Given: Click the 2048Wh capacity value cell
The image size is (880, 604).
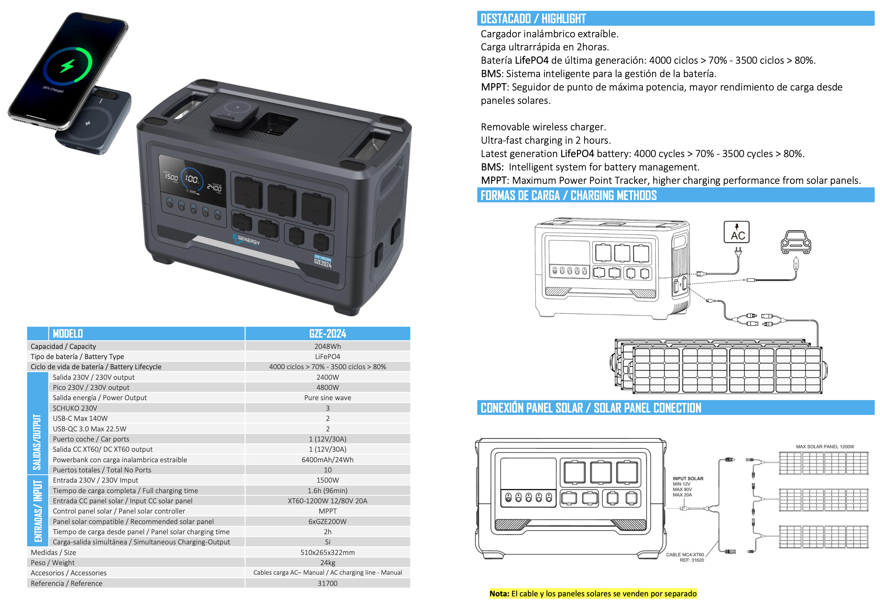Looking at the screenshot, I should pos(328,346).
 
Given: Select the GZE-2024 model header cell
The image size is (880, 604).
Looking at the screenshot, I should pos(328,334).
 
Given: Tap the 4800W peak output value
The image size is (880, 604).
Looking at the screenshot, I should pos(328,387).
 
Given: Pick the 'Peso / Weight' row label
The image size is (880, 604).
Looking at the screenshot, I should pos(53,563).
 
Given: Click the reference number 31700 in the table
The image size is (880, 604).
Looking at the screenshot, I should pos(328,583).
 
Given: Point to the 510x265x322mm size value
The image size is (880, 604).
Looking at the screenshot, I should pos(328,552).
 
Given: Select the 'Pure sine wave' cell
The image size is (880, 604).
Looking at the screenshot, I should pos(328,398).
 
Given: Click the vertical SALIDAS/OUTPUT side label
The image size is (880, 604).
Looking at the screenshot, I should pos(37,442).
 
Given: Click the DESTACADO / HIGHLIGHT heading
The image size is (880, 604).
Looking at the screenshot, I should pos(533,18).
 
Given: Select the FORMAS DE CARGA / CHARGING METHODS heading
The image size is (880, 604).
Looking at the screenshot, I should pos(568,195).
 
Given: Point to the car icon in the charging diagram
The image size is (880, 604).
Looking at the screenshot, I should pos(796,242).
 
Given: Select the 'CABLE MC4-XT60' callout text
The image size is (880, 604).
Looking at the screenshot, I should pos(685,555).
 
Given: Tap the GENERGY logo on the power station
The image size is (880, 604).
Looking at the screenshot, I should pos(247,240).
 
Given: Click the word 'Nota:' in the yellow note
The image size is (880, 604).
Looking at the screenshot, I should pos(499,594).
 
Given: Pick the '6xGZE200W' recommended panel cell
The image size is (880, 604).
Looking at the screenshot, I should pos(328,521).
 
